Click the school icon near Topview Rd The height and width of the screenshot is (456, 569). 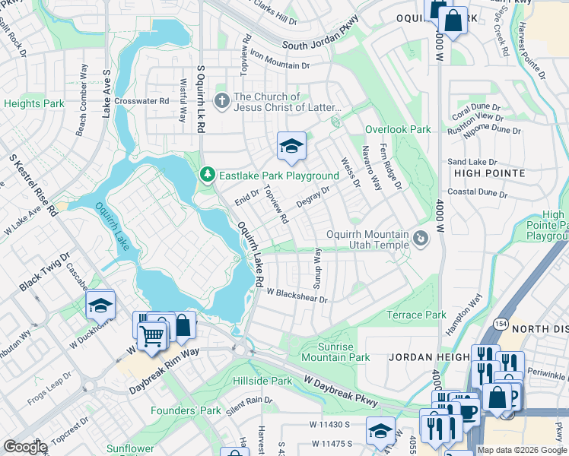[x=291, y=146]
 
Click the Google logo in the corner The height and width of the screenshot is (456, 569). [x=25, y=447]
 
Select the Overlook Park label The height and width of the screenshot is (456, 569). [x=397, y=130]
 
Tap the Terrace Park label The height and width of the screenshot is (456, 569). [x=416, y=315]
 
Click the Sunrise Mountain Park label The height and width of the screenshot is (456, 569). [x=335, y=352]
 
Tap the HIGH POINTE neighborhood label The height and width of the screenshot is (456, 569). [x=489, y=173]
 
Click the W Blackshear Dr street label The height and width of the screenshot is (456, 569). [x=296, y=296]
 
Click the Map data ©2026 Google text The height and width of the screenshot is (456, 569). [x=522, y=450]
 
